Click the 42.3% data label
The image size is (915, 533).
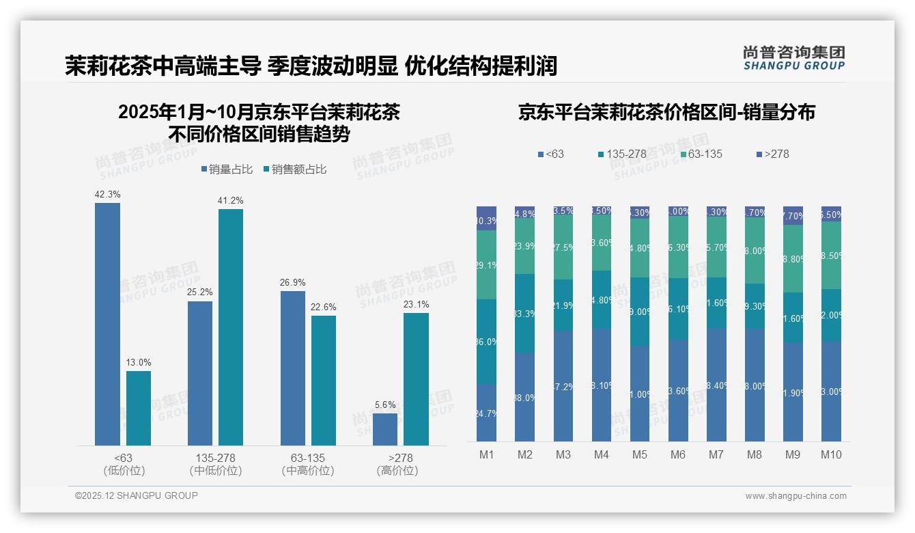107,195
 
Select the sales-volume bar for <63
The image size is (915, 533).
107,324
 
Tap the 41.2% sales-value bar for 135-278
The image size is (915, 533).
231,327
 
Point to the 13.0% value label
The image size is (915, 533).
139,363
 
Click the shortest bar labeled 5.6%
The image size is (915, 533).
385,429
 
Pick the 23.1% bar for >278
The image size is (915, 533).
416,379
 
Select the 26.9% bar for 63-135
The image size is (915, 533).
293,368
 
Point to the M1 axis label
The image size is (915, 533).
486,455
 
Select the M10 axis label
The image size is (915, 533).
831,455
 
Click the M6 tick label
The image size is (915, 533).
678,455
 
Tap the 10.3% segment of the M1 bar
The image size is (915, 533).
486,219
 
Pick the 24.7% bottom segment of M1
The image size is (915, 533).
486,412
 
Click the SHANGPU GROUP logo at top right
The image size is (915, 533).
793,58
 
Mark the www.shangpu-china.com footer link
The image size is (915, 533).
796,496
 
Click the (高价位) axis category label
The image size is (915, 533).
397,471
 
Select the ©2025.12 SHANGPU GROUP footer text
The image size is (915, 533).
137,495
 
